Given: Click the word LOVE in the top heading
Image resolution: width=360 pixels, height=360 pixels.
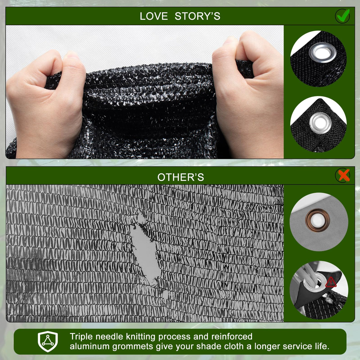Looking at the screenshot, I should click(154, 16).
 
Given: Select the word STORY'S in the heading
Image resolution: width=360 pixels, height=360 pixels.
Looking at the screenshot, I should click(197, 16).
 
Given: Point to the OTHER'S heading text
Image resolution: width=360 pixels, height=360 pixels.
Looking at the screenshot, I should click(181, 177).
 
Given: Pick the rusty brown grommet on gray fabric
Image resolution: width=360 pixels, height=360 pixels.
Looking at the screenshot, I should click(318, 220).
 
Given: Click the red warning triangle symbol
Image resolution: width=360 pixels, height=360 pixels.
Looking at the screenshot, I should click(331, 282).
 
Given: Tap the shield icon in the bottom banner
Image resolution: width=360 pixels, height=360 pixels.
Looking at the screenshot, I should click(48, 341).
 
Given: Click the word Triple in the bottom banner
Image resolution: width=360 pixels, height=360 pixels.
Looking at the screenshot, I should click(81, 337).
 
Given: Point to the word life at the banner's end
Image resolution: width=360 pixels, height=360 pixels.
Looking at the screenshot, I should click(321, 346).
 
